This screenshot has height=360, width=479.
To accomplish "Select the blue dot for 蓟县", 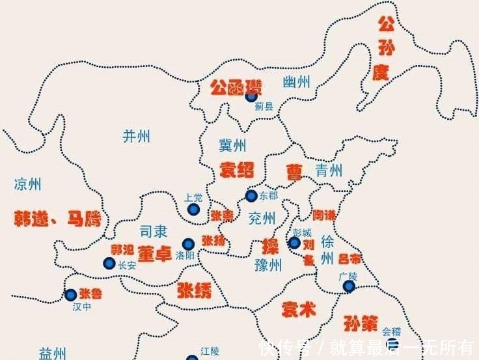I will click(251, 96).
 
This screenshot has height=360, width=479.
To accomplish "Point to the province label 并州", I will click(136, 135).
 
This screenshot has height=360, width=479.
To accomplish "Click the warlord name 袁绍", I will click(236, 169).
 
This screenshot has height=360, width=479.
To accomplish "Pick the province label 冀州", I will click(232, 145).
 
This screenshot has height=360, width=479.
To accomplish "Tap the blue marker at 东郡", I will click(251, 195).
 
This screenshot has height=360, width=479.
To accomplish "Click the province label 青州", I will click(329, 171).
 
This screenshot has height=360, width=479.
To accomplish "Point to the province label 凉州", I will click(27, 184).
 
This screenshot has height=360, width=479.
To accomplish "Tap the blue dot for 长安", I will click(109, 263).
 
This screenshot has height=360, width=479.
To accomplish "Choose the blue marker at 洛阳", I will click(188, 243).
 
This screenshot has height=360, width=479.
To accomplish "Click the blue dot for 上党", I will click(193, 209).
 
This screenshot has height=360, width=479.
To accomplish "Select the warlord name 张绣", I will click(194, 290).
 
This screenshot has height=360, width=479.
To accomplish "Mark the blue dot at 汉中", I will click(71, 295).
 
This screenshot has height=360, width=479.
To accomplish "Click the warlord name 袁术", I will click(298, 310).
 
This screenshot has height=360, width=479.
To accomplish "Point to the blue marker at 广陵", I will click(349, 286).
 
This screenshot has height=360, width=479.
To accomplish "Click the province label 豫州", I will click(267, 264).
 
